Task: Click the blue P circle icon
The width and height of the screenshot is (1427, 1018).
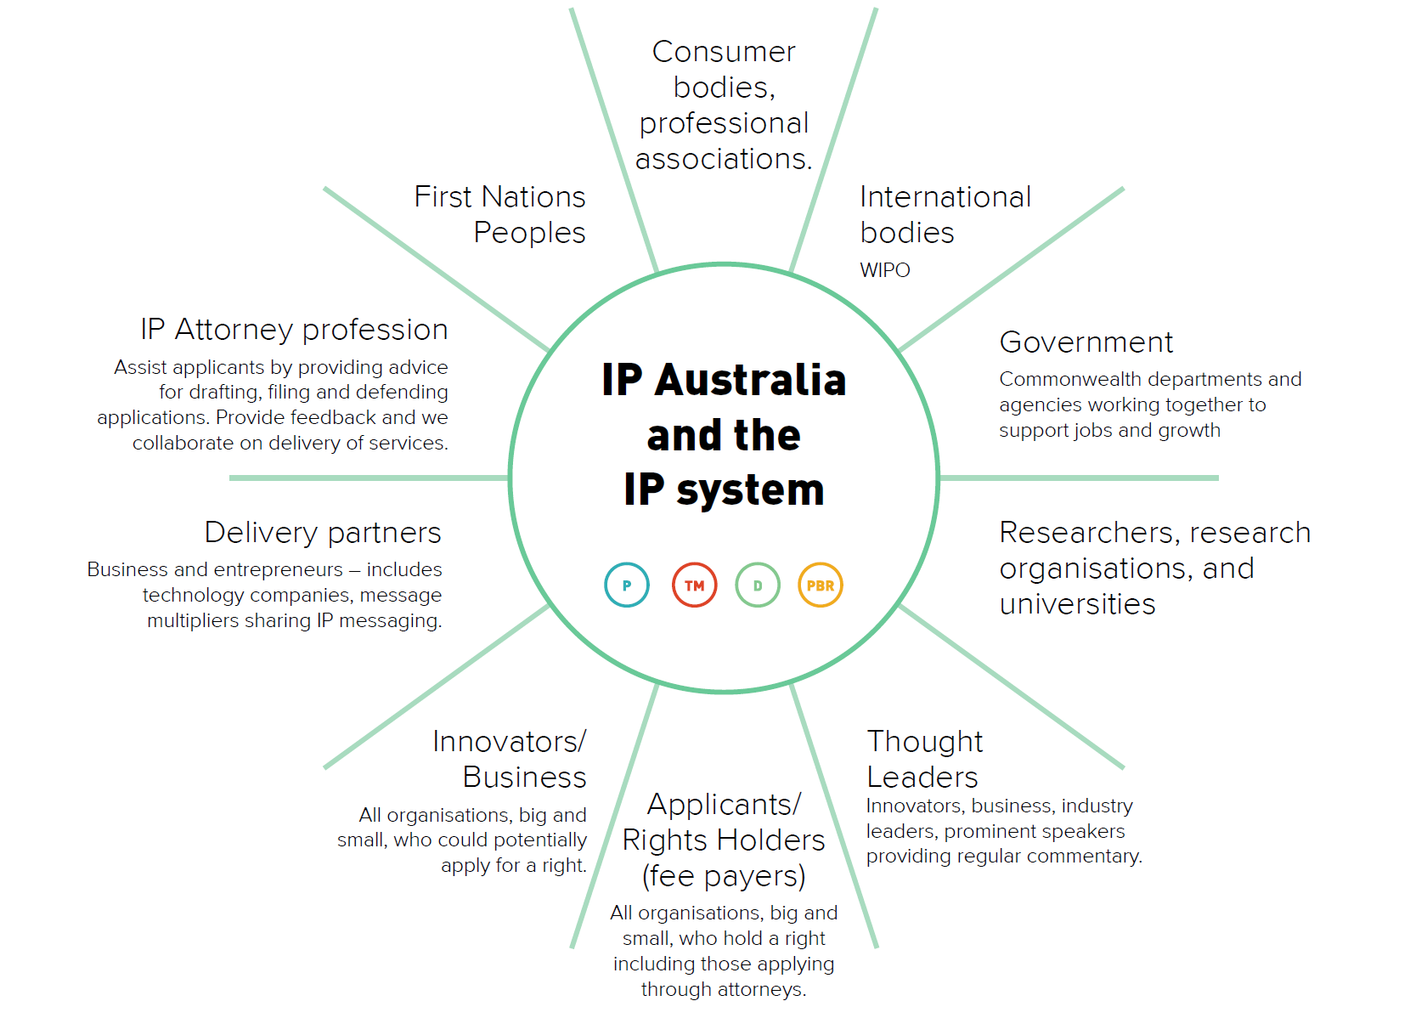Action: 627,585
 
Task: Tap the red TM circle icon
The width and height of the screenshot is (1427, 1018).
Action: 694,585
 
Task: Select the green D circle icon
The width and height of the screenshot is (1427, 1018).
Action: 758,585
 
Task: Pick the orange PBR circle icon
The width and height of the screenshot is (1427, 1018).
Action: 821,585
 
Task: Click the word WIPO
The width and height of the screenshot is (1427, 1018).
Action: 885,270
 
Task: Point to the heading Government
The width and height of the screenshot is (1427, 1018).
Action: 1086,342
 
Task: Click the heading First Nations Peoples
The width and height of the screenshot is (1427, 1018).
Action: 500,214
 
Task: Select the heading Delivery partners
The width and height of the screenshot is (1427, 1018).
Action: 324,533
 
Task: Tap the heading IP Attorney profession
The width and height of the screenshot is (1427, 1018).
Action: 295,329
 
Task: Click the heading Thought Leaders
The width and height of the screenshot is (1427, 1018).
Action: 925,759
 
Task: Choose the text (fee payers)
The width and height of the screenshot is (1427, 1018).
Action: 724,875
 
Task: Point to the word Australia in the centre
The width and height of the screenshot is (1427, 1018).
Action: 751,380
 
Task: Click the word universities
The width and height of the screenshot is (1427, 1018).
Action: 1078,603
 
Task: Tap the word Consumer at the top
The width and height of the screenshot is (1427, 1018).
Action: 724,52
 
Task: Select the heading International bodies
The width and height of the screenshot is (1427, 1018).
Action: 945,214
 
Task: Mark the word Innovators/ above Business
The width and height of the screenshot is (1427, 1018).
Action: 509,741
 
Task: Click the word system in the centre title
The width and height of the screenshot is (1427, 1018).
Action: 750,490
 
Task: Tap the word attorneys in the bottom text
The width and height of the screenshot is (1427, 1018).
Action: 762,990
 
